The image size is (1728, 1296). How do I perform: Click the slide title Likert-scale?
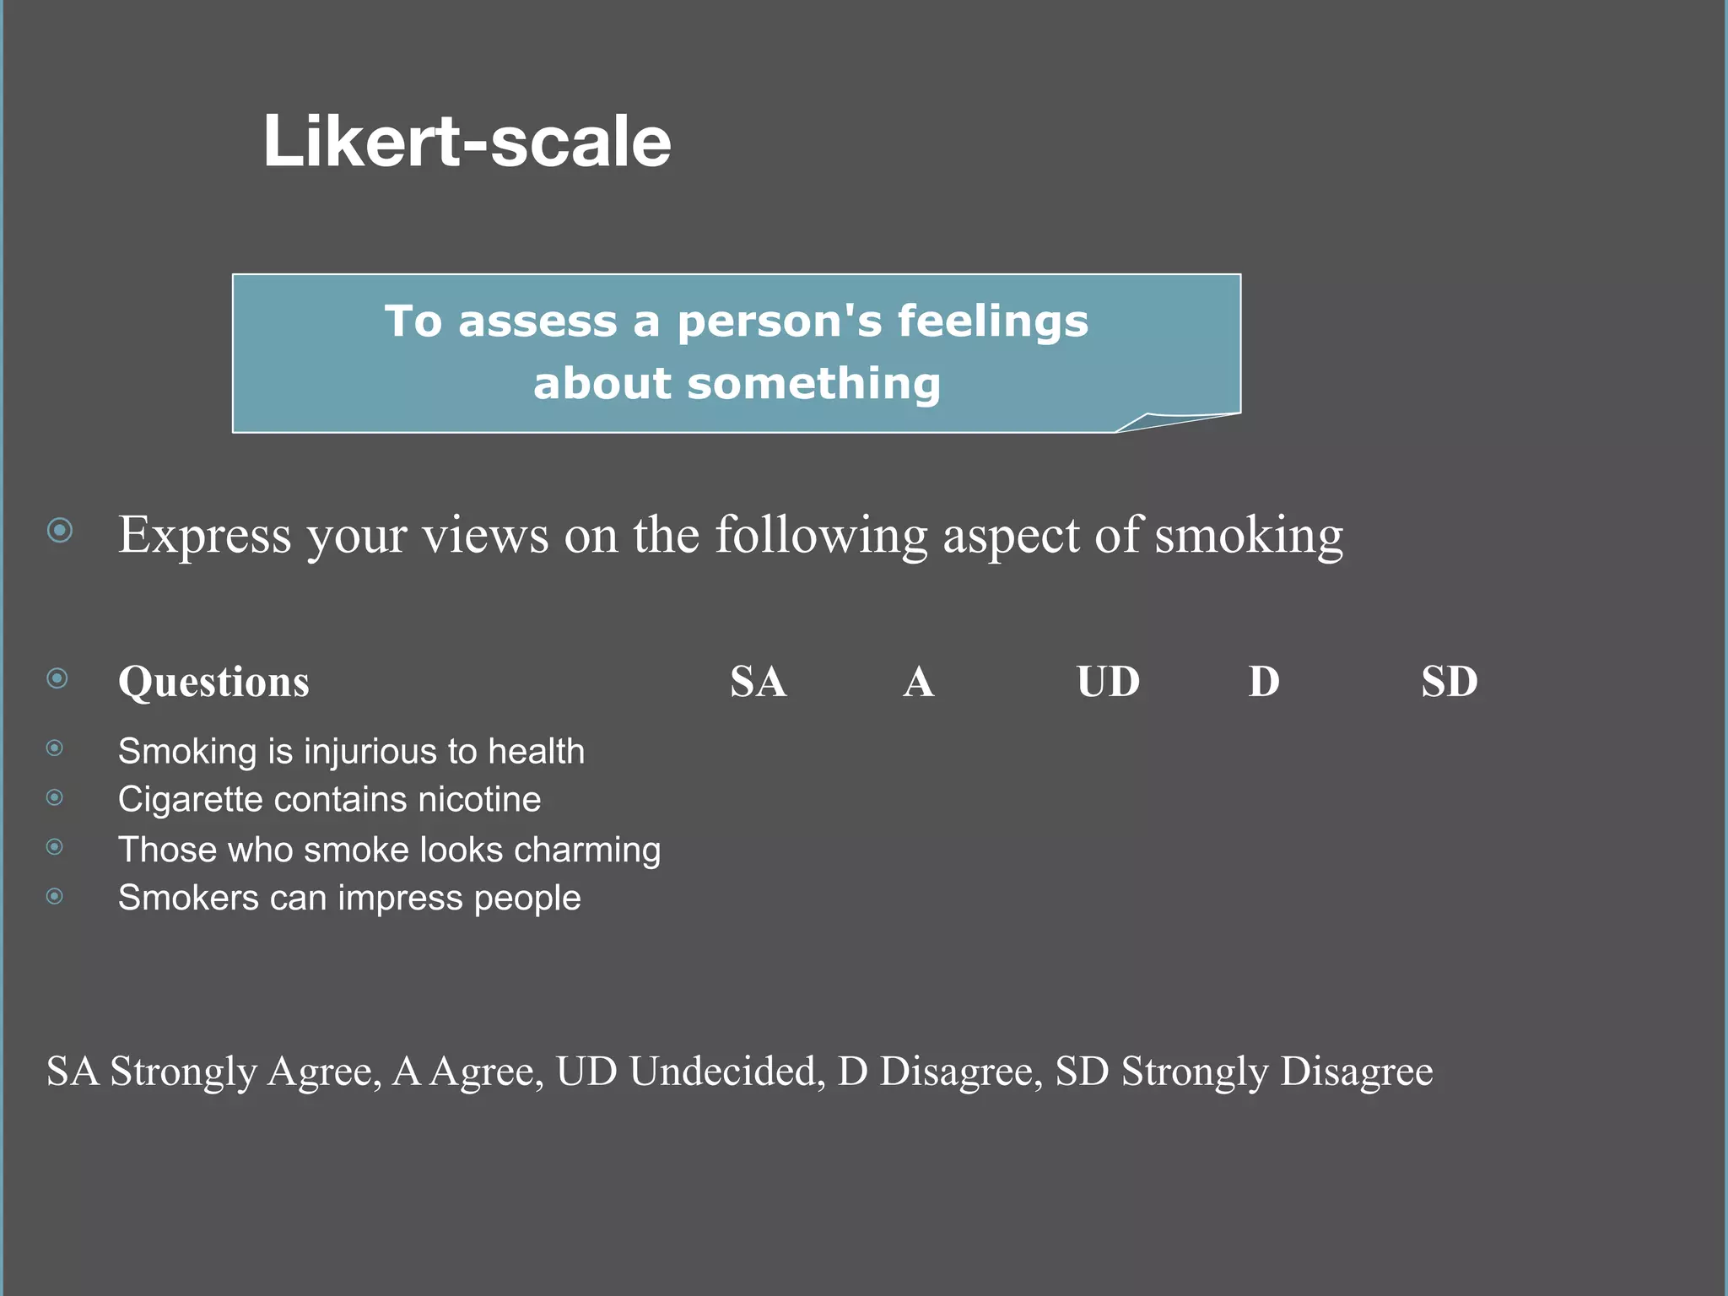point(467,142)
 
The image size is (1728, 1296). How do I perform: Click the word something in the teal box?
point(813,384)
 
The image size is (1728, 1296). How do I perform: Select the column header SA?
point(758,682)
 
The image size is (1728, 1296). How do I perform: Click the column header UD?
point(1107,682)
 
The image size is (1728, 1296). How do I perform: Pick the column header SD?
point(1449,682)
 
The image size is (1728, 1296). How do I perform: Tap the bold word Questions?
point(213,682)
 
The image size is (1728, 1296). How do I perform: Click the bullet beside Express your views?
point(60,531)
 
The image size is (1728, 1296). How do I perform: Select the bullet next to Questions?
point(57,678)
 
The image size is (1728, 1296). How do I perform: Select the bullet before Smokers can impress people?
point(55,896)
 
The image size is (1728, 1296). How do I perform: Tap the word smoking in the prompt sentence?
point(1249,535)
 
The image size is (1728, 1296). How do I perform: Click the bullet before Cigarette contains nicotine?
point(55,797)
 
